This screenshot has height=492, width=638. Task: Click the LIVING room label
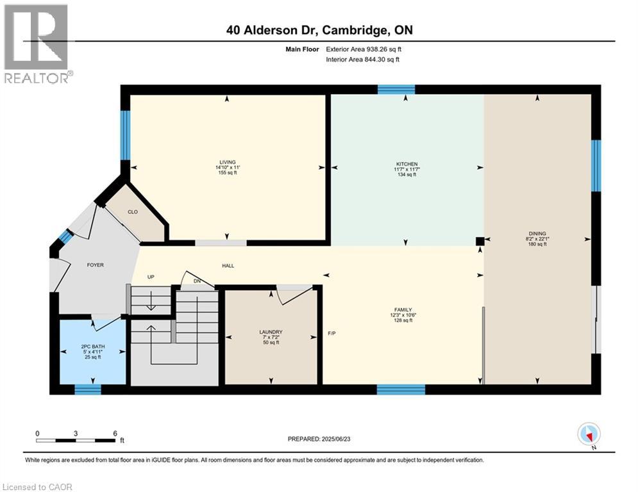(x=227, y=162)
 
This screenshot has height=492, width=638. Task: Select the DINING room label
(x=537, y=233)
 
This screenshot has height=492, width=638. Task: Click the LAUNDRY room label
(x=271, y=332)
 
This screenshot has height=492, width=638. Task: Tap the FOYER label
(x=95, y=265)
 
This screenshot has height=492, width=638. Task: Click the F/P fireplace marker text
(x=332, y=333)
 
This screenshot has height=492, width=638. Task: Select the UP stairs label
(x=151, y=277)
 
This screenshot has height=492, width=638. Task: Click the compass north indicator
(x=588, y=434)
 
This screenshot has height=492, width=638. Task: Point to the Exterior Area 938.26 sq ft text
(x=364, y=49)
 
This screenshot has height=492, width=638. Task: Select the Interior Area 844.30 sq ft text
(x=363, y=60)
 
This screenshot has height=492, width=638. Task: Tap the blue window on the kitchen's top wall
(x=396, y=90)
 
